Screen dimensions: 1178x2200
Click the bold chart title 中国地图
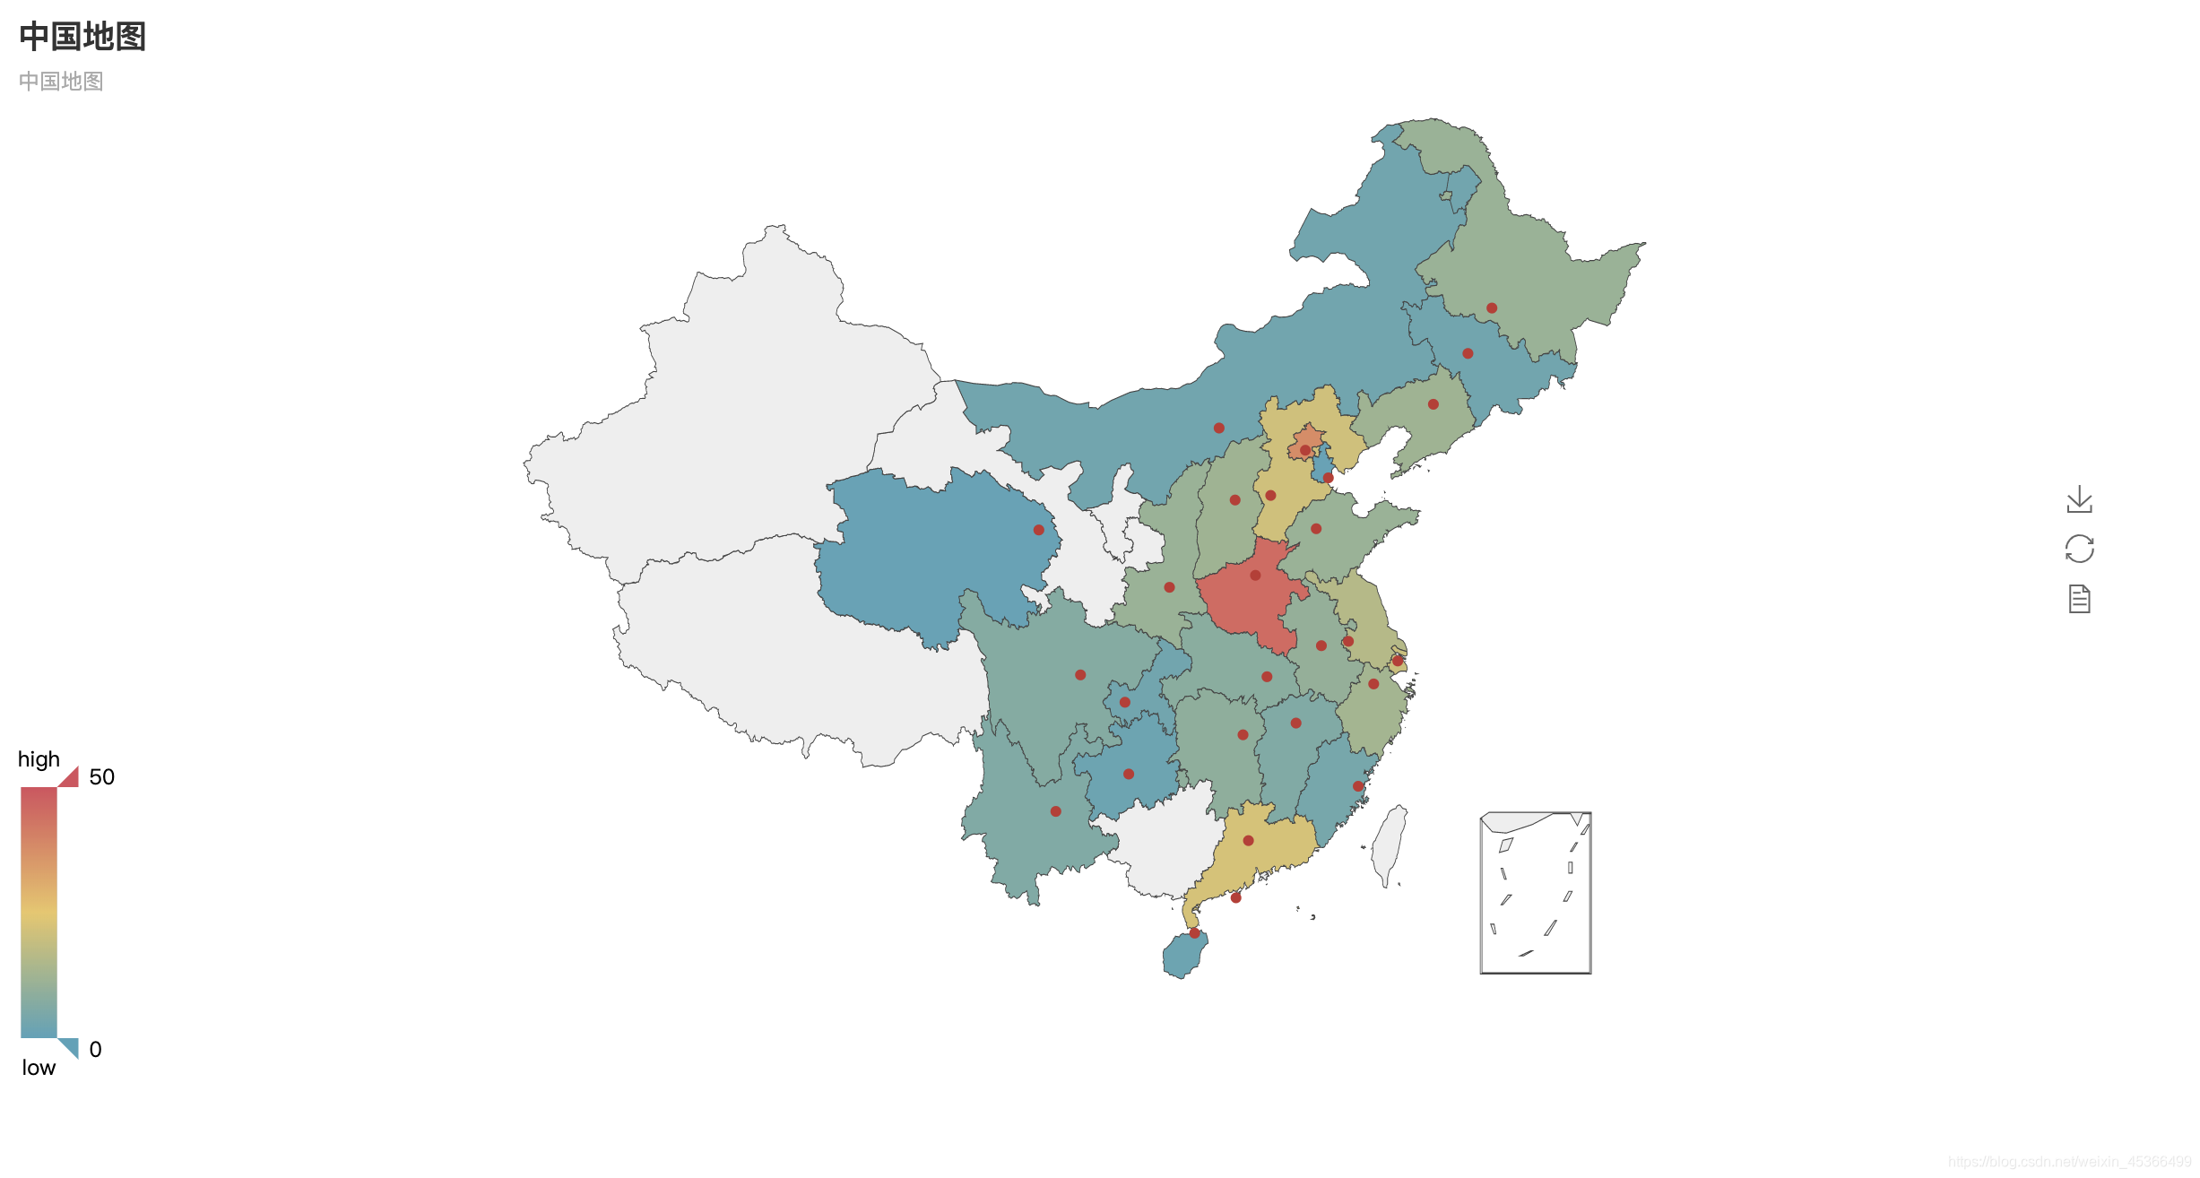point(82,37)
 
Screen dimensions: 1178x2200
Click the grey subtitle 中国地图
point(61,82)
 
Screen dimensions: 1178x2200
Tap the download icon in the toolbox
point(2079,499)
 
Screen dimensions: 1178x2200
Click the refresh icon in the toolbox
point(2079,549)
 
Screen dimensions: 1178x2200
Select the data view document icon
point(2079,599)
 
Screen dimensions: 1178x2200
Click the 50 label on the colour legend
point(101,777)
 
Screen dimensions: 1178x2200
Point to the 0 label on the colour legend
point(95,1050)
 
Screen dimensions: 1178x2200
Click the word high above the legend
point(39,759)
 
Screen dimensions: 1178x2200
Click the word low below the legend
point(39,1068)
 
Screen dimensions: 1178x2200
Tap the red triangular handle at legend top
point(71,778)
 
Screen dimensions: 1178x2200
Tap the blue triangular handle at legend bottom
point(71,1046)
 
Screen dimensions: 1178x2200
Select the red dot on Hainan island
point(1194,933)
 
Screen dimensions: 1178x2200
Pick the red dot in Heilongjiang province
point(1492,308)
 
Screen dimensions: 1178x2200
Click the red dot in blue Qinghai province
point(1039,530)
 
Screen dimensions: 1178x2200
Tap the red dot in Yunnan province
point(1056,811)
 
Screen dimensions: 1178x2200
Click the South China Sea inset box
point(1536,893)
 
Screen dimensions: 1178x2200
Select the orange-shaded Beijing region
point(1307,438)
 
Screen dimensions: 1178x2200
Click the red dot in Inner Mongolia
point(1219,428)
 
